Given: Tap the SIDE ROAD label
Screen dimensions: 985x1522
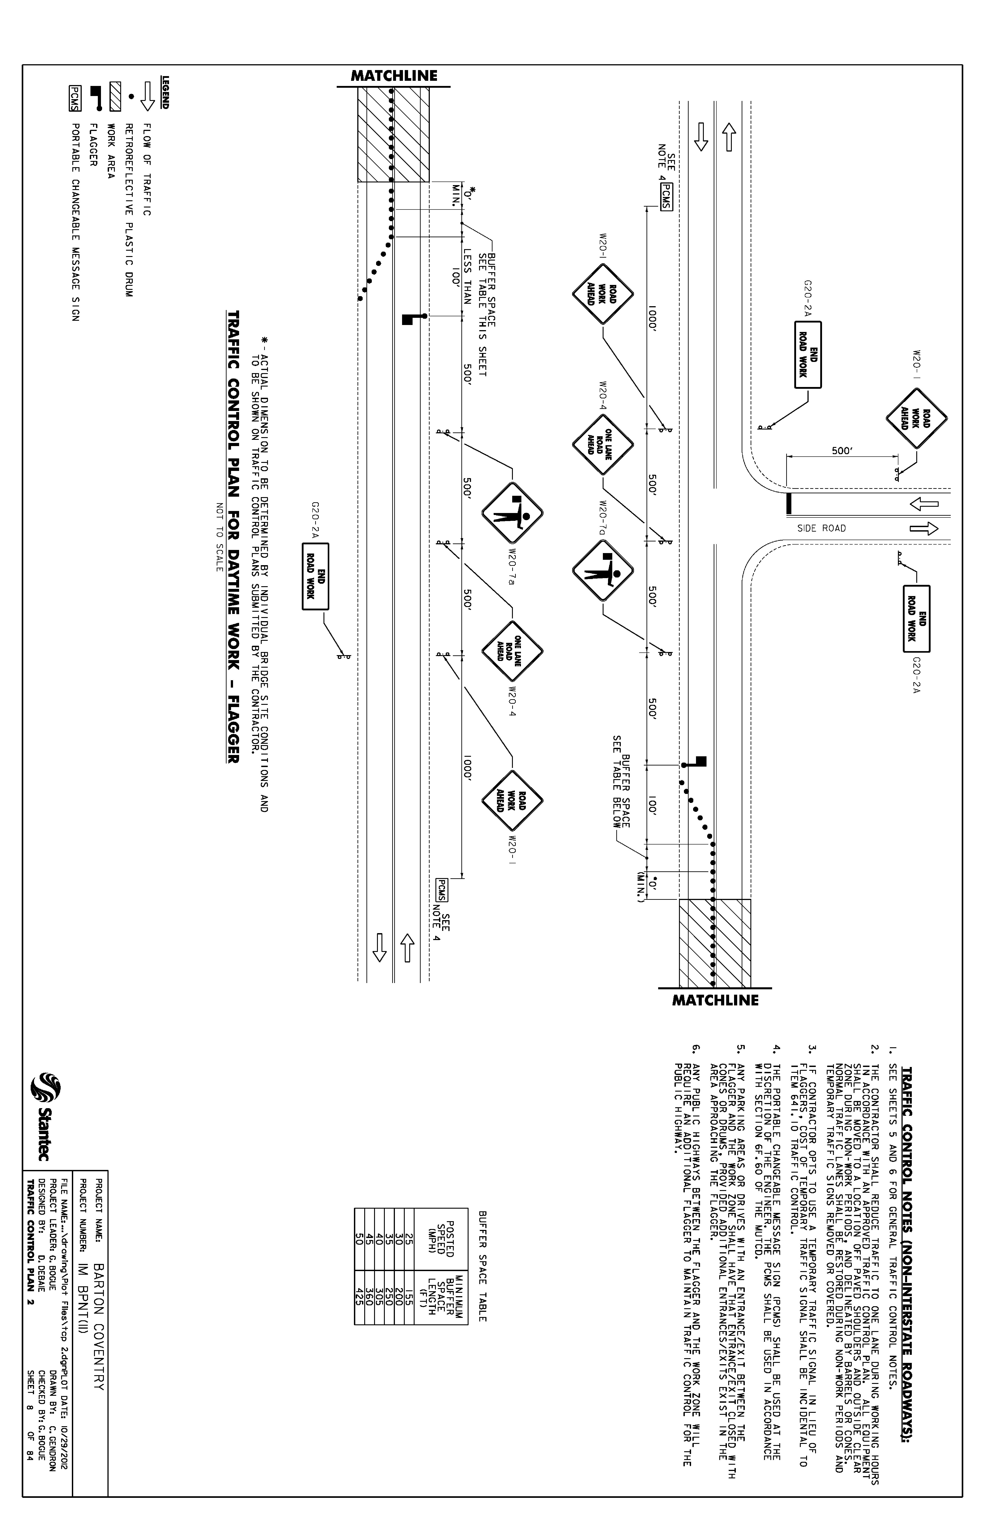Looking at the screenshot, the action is coord(821,528).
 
